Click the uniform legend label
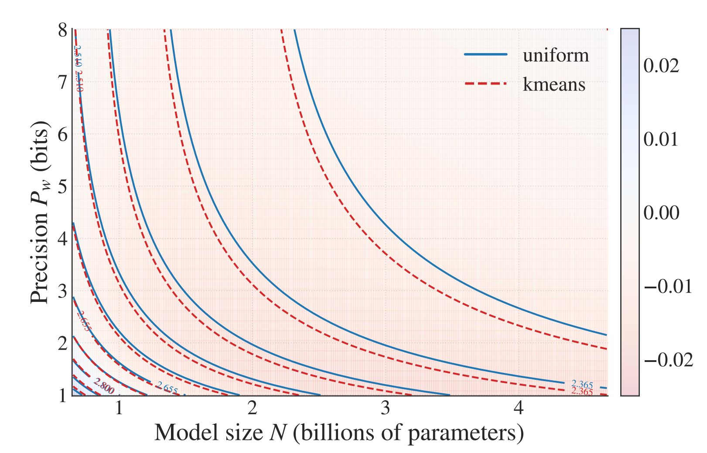click(x=556, y=55)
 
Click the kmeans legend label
click(x=554, y=84)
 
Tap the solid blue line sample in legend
click(x=485, y=54)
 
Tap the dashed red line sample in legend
click(x=485, y=83)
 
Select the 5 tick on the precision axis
click(x=63, y=187)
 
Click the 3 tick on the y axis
click(x=63, y=291)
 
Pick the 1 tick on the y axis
click(x=63, y=396)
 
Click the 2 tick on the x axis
click(x=252, y=408)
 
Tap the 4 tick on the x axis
click(x=518, y=408)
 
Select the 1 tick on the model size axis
click(x=119, y=408)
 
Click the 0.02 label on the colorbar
click(x=661, y=66)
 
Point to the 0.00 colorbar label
click(x=661, y=213)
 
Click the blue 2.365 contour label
click(x=582, y=385)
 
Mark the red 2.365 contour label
click(x=582, y=392)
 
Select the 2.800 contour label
click(x=104, y=386)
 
